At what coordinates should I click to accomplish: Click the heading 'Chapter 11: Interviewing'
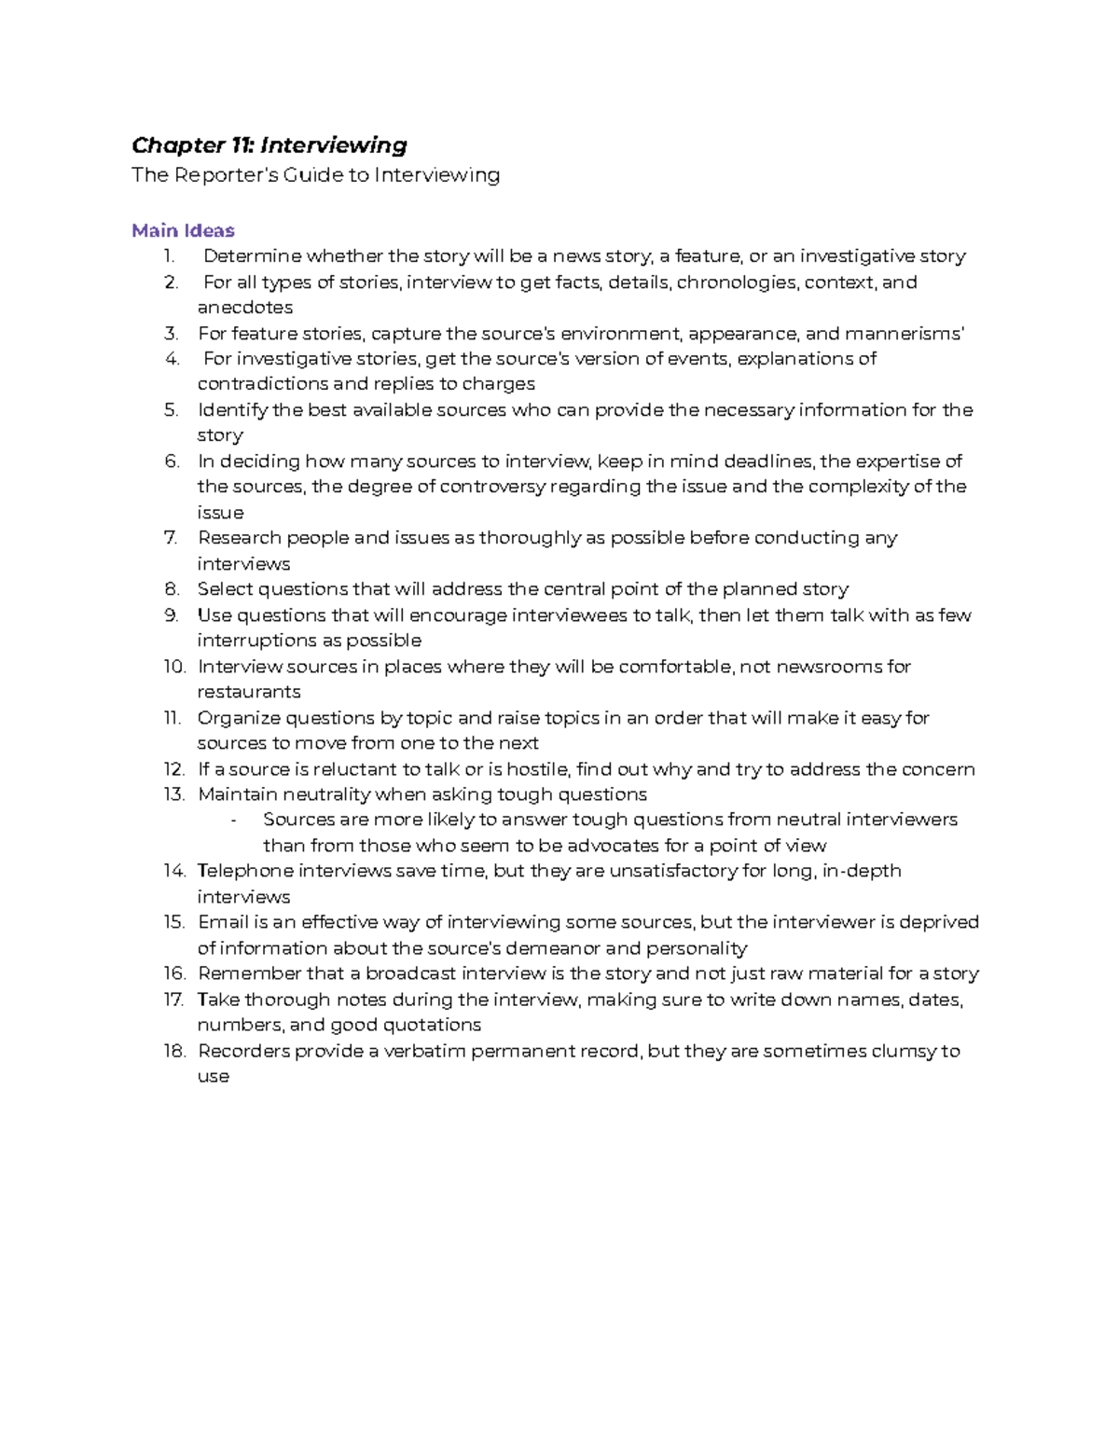(x=269, y=145)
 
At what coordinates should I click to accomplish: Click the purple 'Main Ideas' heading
(x=183, y=230)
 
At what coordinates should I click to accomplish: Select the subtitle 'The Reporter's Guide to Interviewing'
(x=315, y=175)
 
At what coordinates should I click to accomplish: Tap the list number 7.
(x=170, y=538)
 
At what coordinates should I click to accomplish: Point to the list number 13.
(x=173, y=794)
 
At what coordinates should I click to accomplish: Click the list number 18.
(x=173, y=1051)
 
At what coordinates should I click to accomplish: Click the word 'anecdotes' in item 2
(x=244, y=308)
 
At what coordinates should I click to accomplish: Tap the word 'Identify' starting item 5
(x=232, y=410)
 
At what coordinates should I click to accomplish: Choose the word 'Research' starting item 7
(x=239, y=538)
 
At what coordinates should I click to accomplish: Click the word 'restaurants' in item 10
(x=248, y=692)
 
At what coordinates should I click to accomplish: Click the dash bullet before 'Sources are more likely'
(x=232, y=821)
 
